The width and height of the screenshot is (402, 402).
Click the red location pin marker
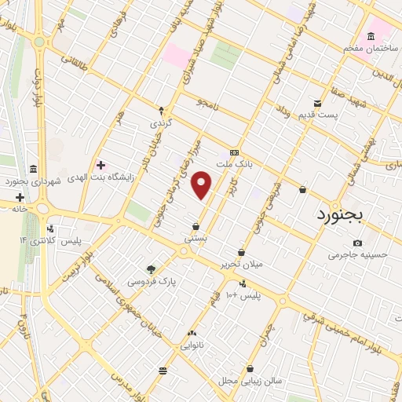tap(203, 185)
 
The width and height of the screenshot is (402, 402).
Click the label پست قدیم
tap(317, 116)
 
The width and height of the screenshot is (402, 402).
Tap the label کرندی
tap(161, 123)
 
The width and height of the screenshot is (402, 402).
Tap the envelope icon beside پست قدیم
tap(317, 104)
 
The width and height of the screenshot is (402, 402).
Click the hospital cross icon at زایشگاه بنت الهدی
tap(100, 164)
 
